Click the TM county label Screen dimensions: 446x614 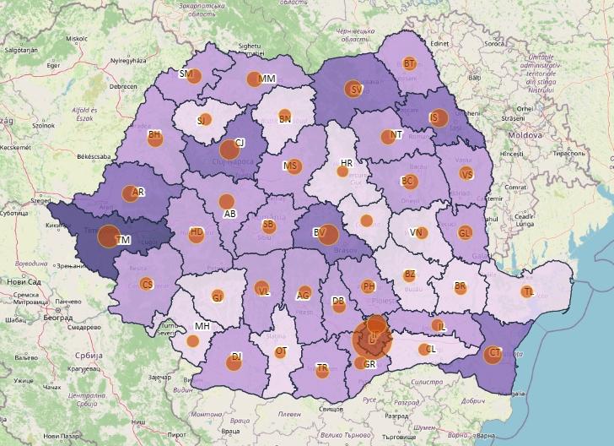coord(124,241)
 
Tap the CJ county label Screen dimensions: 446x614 coord(240,143)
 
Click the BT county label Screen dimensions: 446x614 coord(410,63)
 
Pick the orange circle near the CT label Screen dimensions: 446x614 coord(492,355)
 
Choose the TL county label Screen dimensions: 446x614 coord(528,291)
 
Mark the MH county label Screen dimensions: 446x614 coord(202,327)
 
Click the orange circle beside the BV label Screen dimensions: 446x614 coord(328,236)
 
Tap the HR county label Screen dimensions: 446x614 coord(347,162)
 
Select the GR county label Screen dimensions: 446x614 coord(369,363)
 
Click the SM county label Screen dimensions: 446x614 coord(186,74)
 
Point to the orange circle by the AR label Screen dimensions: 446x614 coord(129,193)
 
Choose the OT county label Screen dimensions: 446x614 coord(282,351)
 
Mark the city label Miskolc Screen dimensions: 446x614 coord(77,38)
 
